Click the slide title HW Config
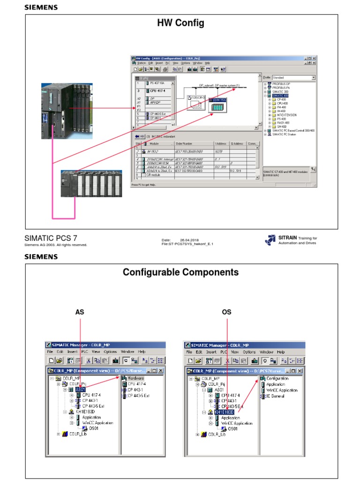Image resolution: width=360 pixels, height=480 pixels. point(180,23)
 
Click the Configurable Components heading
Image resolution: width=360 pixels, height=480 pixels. point(180,272)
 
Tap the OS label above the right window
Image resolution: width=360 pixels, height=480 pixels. point(226,312)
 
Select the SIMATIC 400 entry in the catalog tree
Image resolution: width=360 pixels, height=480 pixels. point(279,95)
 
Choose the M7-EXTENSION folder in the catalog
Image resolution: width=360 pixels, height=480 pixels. point(286,115)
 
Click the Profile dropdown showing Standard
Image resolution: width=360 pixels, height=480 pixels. point(293,77)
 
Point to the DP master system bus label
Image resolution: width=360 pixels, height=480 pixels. point(219,85)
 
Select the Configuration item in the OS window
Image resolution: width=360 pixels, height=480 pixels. point(277,378)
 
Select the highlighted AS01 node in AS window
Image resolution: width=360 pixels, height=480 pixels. point(80,389)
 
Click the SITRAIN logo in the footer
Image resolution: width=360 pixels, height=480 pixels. point(270,240)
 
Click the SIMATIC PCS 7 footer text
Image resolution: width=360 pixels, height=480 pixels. point(50,239)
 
